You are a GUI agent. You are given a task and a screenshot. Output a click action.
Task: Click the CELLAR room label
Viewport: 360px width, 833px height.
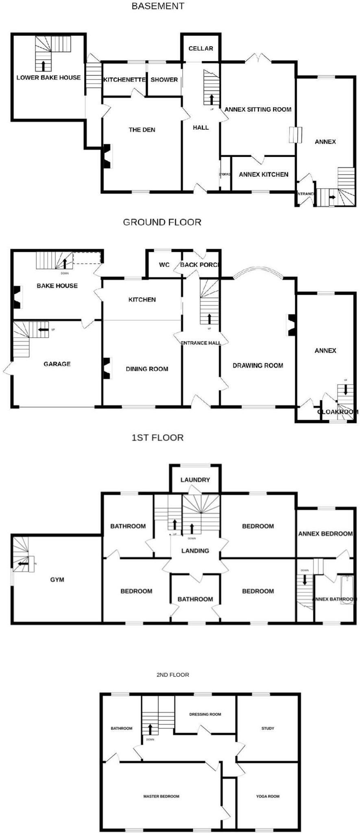click(201, 48)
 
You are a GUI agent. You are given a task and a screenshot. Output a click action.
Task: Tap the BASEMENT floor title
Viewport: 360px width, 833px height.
click(158, 6)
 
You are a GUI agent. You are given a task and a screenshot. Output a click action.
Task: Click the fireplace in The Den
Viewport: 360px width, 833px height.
click(107, 156)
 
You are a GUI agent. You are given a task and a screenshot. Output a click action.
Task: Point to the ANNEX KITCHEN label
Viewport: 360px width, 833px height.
click(263, 174)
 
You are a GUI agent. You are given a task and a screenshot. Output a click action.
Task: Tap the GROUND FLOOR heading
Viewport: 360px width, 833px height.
click(162, 222)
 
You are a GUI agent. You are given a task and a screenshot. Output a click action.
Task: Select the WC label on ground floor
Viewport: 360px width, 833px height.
click(164, 265)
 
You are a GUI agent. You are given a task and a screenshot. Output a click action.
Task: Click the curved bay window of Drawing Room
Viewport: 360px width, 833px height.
click(258, 270)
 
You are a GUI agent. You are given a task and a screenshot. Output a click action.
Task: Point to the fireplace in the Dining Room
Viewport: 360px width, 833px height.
click(107, 368)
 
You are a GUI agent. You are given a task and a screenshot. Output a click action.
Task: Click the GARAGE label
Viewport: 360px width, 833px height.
click(57, 364)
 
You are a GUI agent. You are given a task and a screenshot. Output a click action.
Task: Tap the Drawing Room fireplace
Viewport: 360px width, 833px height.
click(292, 325)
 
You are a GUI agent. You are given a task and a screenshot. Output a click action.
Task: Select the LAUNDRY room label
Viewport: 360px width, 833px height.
click(195, 480)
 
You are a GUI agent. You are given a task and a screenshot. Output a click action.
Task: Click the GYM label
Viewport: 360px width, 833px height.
click(57, 580)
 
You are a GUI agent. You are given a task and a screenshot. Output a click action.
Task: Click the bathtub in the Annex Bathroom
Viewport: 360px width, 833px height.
click(347, 590)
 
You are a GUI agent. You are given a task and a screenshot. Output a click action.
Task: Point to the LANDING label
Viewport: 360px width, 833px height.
click(195, 551)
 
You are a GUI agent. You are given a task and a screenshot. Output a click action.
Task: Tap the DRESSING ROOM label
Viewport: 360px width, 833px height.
click(205, 714)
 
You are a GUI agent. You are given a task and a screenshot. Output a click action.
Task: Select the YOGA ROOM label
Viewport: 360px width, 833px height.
click(268, 796)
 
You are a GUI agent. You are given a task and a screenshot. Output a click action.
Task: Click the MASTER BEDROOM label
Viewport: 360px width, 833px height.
click(161, 796)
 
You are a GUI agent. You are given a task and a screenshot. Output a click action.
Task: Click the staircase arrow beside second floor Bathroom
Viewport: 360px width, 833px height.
click(150, 728)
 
